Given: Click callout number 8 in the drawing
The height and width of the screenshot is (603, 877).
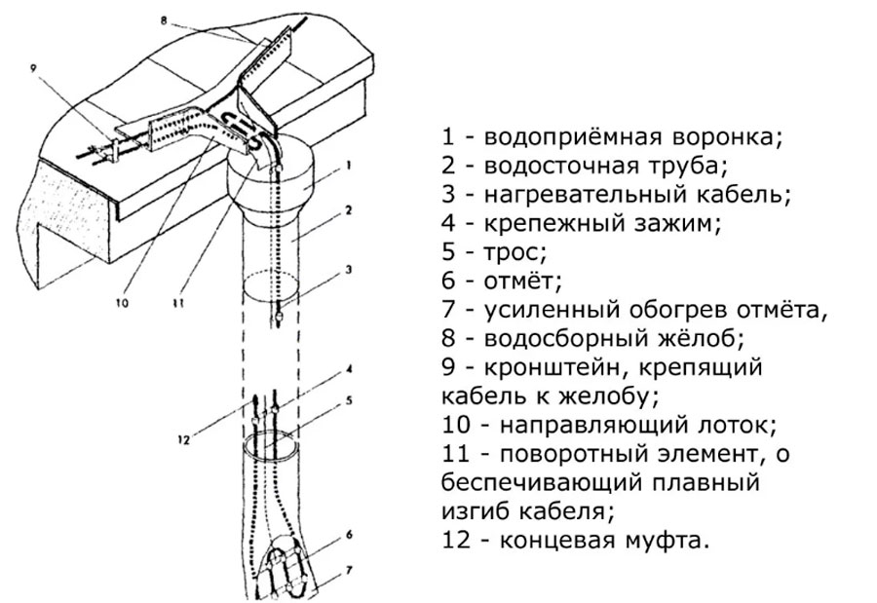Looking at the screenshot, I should coord(165,17).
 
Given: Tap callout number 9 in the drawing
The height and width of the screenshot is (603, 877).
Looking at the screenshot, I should coord(35,68).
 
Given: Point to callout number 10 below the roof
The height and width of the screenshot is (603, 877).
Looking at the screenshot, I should coord(122,302).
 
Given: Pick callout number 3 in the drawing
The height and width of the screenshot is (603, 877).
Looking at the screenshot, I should coord(347,268).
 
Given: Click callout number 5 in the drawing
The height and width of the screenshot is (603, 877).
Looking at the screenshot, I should coord(347,399).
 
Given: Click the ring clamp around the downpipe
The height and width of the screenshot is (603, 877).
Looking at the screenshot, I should coord(274,447).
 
